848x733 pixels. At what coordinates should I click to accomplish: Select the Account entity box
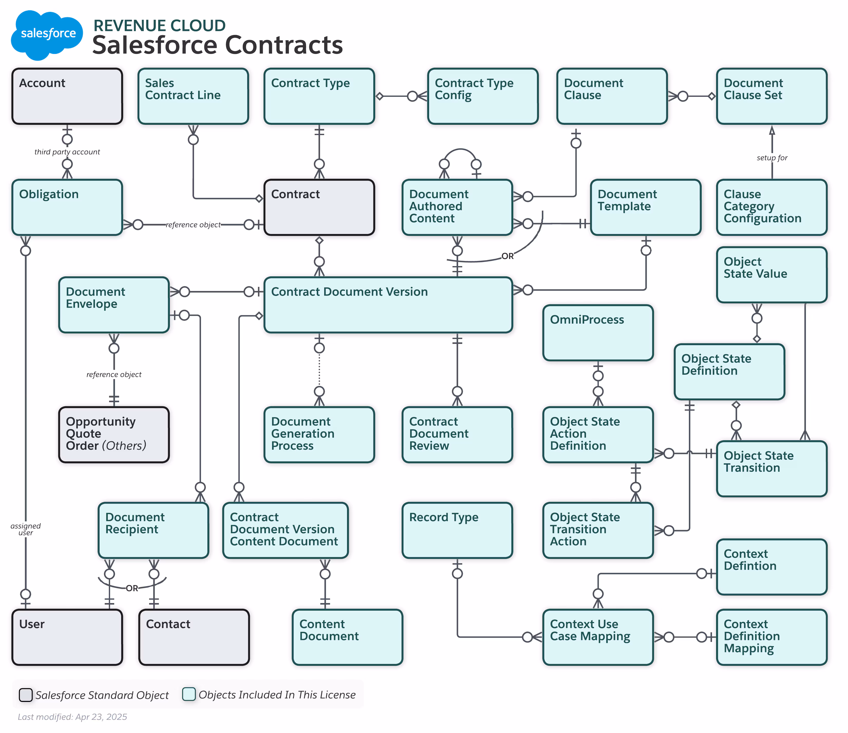tap(67, 97)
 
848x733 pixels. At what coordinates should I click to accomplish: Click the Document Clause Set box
tap(772, 97)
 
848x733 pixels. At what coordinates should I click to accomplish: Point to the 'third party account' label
tap(67, 152)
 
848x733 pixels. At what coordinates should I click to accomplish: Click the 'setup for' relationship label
tap(772, 158)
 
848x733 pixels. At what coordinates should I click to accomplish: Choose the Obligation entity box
tap(67, 207)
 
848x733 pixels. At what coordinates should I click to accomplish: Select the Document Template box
tap(645, 207)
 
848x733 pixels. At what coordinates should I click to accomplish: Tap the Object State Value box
tap(772, 275)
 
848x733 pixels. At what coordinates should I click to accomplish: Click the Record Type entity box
tap(457, 530)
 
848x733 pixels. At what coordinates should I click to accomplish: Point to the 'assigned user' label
tap(25, 529)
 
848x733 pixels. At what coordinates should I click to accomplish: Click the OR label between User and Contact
tap(132, 588)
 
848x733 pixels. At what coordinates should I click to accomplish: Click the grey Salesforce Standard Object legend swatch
tap(26, 695)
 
